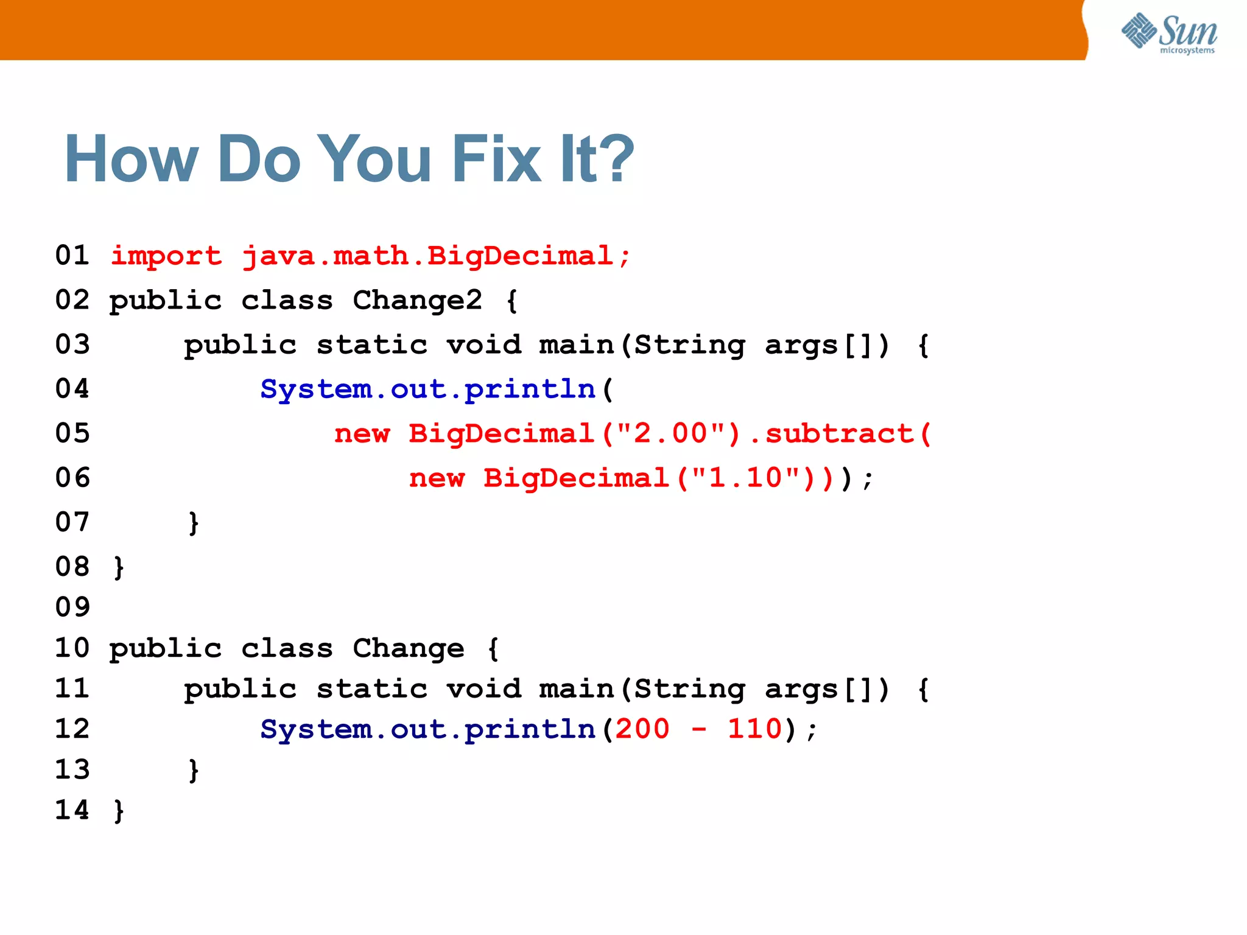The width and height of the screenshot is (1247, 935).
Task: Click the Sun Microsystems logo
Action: click(1169, 33)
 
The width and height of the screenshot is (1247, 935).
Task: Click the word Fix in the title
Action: click(496, 159)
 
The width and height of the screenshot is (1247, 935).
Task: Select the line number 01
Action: click(72, 256)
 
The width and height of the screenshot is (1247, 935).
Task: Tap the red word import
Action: click(166, 256)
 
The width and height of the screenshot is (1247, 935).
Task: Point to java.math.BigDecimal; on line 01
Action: click(437, 256)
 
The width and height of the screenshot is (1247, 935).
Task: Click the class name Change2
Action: click(417, 301)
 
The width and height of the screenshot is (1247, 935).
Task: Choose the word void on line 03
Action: click(484, 345)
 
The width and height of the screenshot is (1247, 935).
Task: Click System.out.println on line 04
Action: click(427, 390)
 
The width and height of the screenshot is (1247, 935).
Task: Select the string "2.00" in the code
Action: click(670, 433)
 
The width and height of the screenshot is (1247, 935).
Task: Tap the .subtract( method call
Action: click(840, 433)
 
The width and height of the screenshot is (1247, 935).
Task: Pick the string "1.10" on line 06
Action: click(746, 478)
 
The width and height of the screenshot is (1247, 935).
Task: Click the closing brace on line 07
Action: click(194, 523)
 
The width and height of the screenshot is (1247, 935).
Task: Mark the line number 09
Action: click(72, 607)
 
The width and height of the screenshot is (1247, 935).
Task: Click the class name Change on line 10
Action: click(408, 648)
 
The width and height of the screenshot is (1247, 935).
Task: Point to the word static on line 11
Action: click(372, 689)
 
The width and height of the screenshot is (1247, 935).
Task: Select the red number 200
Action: click(642, 729)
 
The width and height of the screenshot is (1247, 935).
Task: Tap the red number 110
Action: click(755, 729)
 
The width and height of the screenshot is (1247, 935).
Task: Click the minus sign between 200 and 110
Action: click(699, 729)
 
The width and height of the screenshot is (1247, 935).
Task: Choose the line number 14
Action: click(72, 810)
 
